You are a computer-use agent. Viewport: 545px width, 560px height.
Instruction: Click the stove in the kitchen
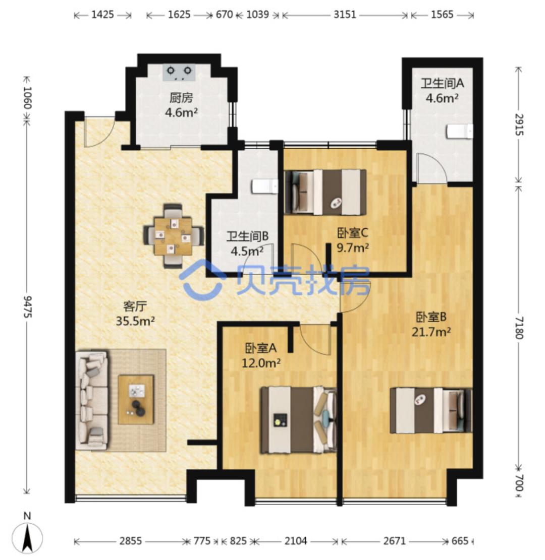click(179, 73)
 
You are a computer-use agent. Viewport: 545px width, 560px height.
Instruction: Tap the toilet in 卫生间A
click(459, 131)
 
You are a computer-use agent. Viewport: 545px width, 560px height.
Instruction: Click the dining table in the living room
click(174, 236)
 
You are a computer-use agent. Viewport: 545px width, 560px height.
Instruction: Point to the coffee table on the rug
click(136, 399)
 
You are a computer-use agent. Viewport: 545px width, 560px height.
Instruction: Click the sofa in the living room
click(91, 400)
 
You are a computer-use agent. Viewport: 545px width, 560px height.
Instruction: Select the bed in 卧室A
click(299, 420)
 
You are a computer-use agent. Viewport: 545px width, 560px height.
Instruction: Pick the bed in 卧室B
click(431, 411)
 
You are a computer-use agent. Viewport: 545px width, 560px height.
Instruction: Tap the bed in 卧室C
click(325, 192)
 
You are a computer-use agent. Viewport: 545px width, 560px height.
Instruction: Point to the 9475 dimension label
click(27, 306)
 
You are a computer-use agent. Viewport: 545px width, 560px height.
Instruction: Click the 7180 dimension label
click(519, 328)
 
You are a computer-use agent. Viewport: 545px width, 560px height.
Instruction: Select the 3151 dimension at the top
click(345, 14)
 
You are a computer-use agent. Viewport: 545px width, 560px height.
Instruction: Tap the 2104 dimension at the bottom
click(295, 541)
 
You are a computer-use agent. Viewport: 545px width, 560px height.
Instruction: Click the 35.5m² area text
click(135, 321)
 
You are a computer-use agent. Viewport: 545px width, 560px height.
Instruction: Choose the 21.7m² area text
click(431, 332)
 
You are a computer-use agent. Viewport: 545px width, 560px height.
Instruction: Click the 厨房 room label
click(181, 97)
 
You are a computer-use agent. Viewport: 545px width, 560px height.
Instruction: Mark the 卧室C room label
click(353, 233)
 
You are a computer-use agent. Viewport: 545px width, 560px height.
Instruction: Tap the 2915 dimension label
click(519, 125)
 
